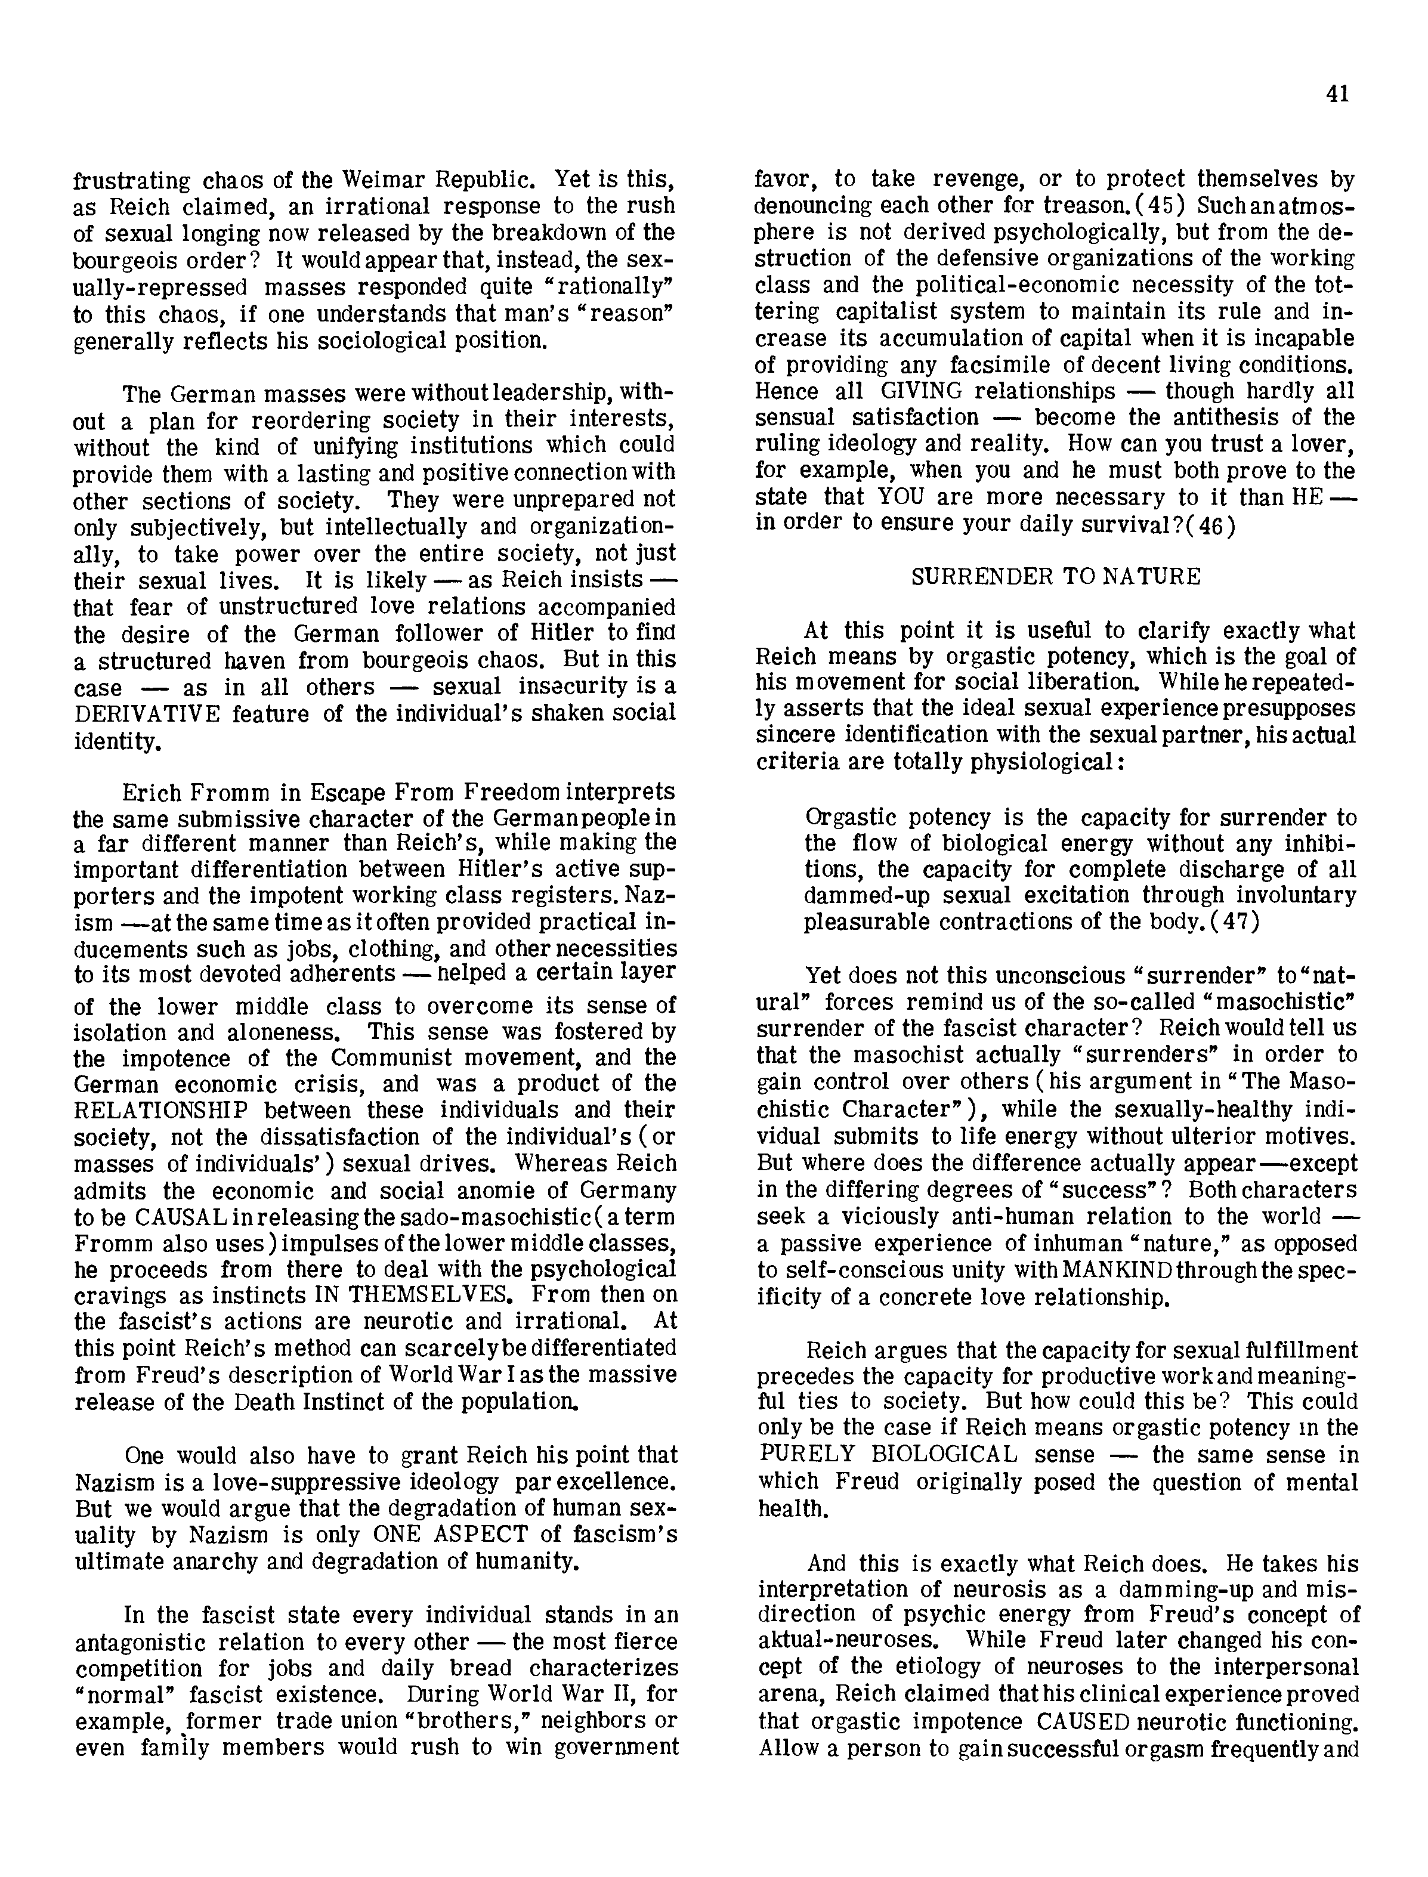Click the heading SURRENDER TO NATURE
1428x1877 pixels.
(1056, 578)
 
